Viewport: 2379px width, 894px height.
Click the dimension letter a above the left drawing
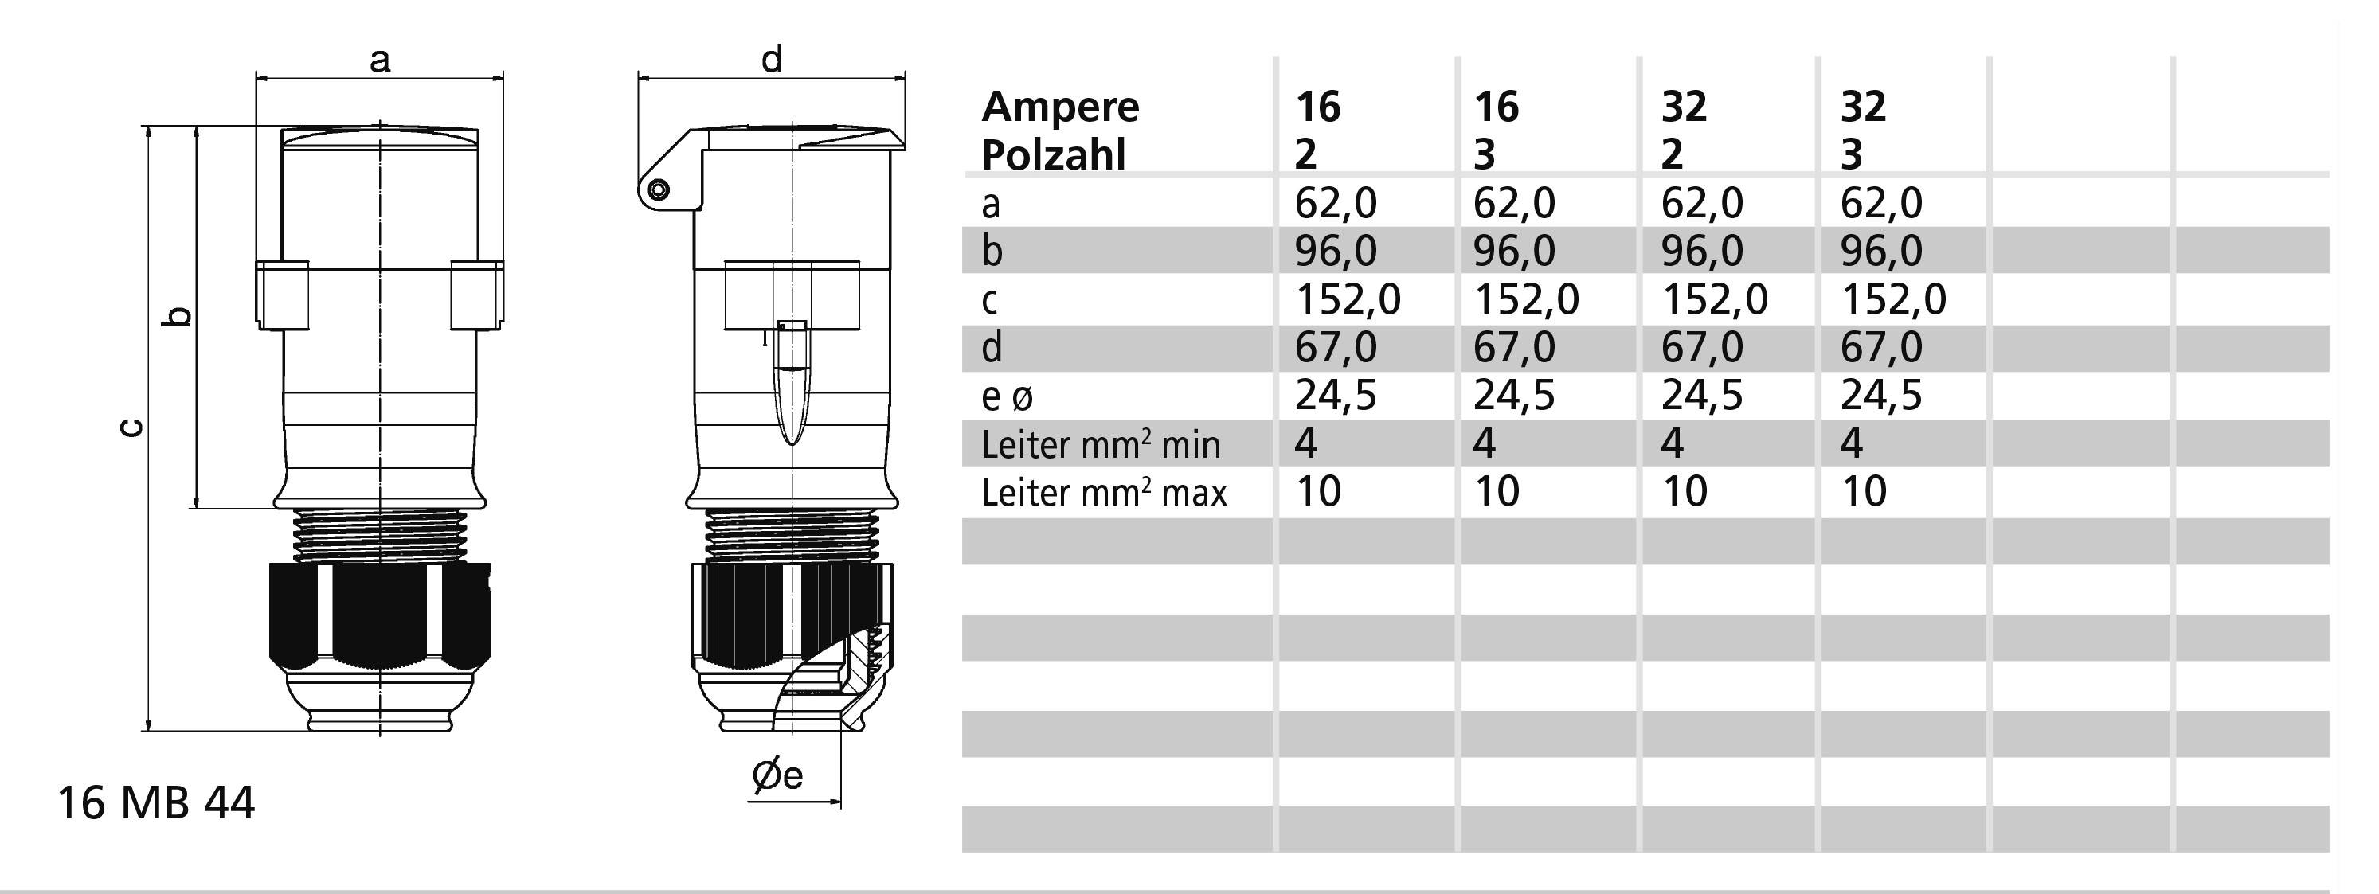(380, 61)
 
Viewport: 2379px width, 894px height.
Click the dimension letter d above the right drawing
(771, 59)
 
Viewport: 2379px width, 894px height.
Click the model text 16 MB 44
(156, 803)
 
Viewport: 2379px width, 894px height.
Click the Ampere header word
(1060, 107)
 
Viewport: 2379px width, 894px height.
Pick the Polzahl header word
(1054, 155)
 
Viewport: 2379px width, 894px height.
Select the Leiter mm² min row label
(1101, 445)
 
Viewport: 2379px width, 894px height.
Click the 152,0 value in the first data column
(1348, 299)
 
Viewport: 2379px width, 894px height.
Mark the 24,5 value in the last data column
(1880, 396)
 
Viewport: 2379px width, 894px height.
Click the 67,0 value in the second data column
(1514, 347)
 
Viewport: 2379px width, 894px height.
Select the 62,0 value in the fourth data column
(1880, 203)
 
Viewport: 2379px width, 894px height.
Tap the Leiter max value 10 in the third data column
(1684, 491)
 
